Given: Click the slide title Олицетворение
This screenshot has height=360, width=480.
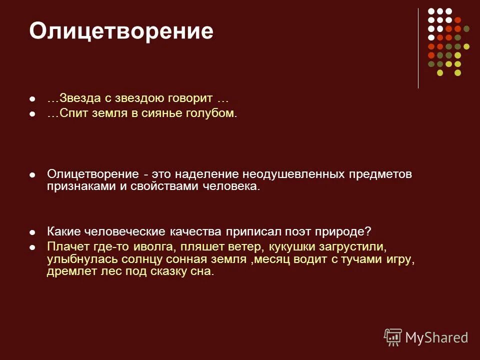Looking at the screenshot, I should click(x=121, y=31).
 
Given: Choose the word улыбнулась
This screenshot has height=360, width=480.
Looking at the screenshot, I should click(x=75, y=259).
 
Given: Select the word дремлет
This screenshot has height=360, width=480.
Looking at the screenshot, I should click(x=67, y=272).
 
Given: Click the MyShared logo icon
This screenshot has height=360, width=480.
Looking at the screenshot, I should click(x=392, y=336).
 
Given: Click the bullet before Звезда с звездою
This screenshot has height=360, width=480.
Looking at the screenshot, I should click(x=32, y=99).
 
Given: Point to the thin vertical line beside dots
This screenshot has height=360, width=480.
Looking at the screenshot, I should click(x=418, y=48).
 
